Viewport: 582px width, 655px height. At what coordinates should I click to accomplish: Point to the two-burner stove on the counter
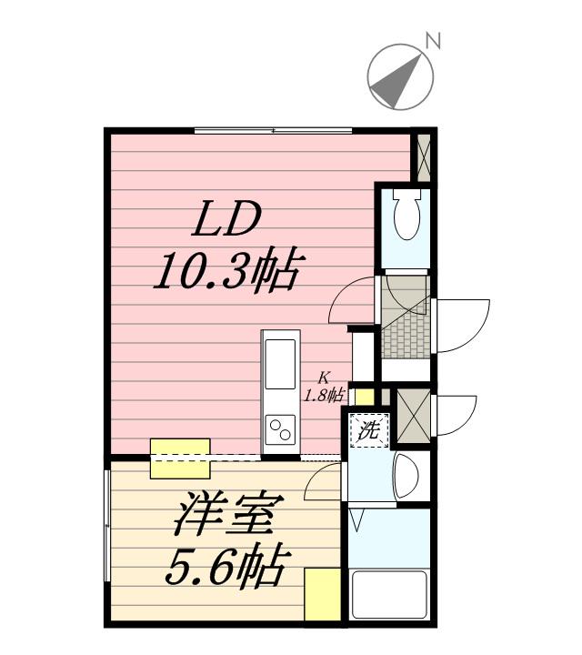click(279, 428)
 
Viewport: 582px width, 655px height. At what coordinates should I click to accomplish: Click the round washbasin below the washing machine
click(406, 474)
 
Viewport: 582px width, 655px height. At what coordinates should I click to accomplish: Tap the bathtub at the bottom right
click(389, 596)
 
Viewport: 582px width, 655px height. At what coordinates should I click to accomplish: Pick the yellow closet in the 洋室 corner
click(322, 595)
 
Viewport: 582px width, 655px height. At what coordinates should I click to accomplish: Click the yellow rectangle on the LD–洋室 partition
click(180, 458)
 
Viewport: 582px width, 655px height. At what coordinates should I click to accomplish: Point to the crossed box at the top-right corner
click(422, 156)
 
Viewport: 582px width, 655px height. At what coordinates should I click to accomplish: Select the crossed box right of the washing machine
click(414, 416)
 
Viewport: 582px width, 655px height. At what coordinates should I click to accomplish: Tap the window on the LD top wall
click(273, 131)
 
